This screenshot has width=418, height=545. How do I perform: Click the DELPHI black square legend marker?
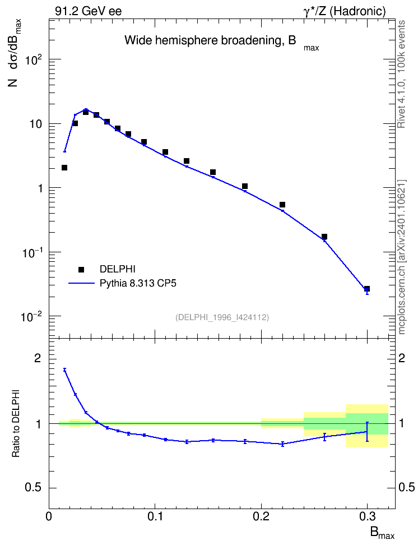(x=81, y=269)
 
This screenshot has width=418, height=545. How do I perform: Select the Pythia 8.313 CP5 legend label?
(x=138, y=283)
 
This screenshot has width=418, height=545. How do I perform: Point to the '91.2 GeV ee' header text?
(x=89, y=11)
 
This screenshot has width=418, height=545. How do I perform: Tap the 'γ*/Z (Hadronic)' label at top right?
(x=345, y=11)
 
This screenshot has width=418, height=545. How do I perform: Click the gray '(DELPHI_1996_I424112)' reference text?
(x=222, y=317)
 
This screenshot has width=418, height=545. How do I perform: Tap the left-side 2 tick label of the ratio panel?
(x=38, y=359)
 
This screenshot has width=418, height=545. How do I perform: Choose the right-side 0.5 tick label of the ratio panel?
(x=406, y=488)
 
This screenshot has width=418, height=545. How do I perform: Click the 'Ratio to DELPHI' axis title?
(x=16, y=424)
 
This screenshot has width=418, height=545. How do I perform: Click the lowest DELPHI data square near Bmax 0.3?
(x=367, y=289)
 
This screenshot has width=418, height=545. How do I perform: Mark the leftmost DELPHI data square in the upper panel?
(x=64, y=168)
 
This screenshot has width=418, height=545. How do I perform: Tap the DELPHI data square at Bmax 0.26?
(x=324, y=237)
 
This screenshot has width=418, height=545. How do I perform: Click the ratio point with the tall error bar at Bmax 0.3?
(x=367, y=432)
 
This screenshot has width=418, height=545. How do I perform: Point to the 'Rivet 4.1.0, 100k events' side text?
(x=402, y=74)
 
